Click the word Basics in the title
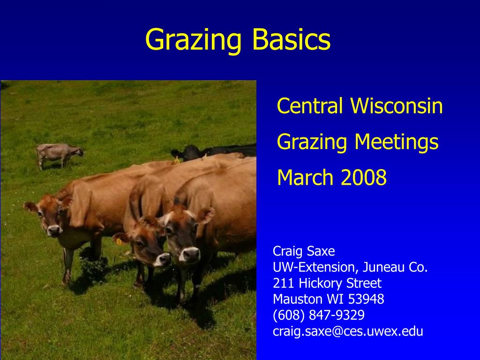click(292, 39)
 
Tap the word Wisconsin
click(397, 105)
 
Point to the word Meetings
click(397, 142)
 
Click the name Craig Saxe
click(304, 251)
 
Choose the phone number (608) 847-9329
click(319, 315)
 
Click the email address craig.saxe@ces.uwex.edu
click(348, 331)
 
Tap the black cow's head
click(186, 152)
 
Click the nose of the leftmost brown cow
click(54, 231)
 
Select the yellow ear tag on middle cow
click(119, 241)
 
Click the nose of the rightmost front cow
click(190, 255)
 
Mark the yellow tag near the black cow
click(177, 160)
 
